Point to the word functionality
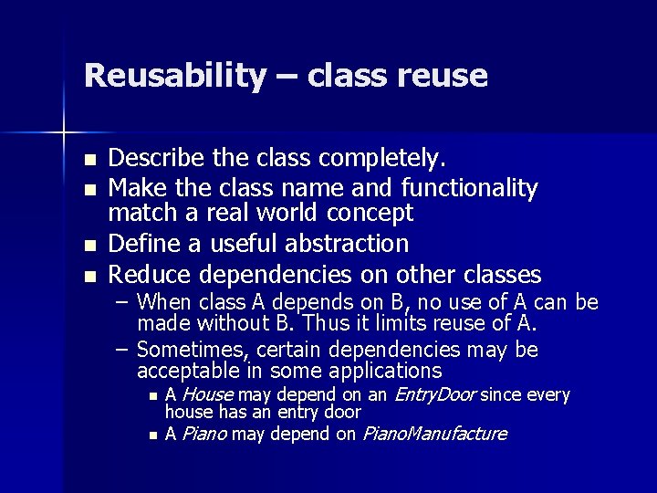click(x=469, y=188)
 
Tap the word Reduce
click(x=151, y=274)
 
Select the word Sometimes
click(x=193, y=351)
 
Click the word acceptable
click(x=188, y=372)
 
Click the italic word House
click(x=207, y=395)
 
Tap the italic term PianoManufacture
click(x=434, y=434)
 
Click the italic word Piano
click(x=204, y=434)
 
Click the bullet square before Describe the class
click(x=89, y=161)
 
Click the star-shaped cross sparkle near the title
click(x=64, y=133)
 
